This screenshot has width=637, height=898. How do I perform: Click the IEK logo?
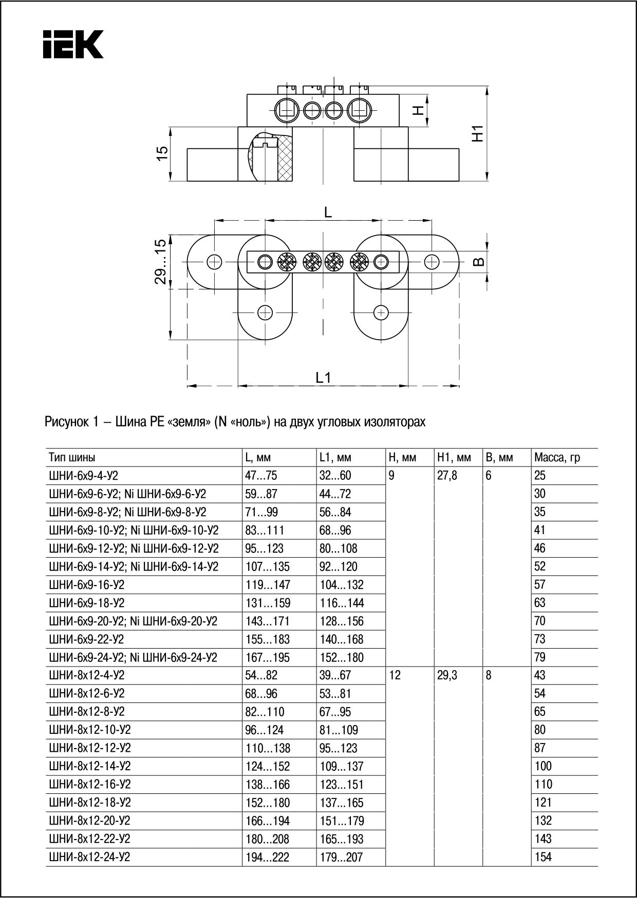(x=73, y=44)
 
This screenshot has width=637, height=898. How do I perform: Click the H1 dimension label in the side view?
(x=478, y=134)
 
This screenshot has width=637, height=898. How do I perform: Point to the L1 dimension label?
(x=323, y=378)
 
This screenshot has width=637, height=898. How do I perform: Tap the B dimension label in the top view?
(x=478, y=262)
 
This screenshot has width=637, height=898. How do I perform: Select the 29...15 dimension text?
(x=161, y=261)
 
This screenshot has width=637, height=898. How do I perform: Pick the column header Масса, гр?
(x=557, y=457)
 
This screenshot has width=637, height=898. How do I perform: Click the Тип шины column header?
(x=72, y=457)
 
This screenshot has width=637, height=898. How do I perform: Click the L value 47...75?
(x=261, y=476)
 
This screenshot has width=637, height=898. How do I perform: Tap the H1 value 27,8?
(x=447, y=476)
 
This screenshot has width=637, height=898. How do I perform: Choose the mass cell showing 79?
(x=539, y=657)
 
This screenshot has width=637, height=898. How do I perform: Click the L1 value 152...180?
(x=341, y=657)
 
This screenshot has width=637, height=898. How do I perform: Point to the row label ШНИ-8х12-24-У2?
(x=89, y=857)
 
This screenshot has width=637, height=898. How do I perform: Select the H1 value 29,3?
(x=447, y=675)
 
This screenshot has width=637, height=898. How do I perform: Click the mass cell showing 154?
(x=543, y=857)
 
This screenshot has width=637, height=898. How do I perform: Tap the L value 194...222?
(x=268, y=857)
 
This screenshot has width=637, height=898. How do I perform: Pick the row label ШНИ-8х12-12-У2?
(x=89, y=748)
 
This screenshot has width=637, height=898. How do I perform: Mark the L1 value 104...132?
(x=341, y=585)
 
